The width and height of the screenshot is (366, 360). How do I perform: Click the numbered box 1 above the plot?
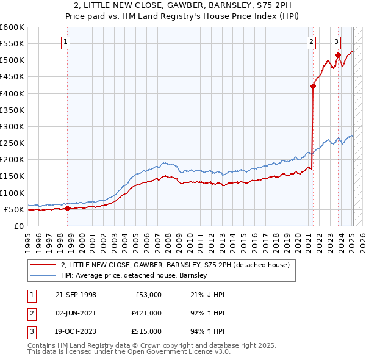tap(65, 42)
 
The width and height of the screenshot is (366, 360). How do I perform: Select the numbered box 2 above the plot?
tap(311, 42)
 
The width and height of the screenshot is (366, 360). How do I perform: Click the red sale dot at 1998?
tap(67, 208)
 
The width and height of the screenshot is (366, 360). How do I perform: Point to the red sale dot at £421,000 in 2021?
tap(313, 86)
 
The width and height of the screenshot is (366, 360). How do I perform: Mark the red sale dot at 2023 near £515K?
tap(339, 55)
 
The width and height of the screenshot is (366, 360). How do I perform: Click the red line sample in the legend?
tap(44, 265)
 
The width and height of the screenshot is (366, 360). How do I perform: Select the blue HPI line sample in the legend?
tap(44, 275)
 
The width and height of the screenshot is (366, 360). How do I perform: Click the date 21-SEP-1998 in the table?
tap(76, 295)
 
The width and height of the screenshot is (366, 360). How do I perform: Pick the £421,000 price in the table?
tap(146, 313)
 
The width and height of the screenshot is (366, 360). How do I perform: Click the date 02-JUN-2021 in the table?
tap(76, 313)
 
